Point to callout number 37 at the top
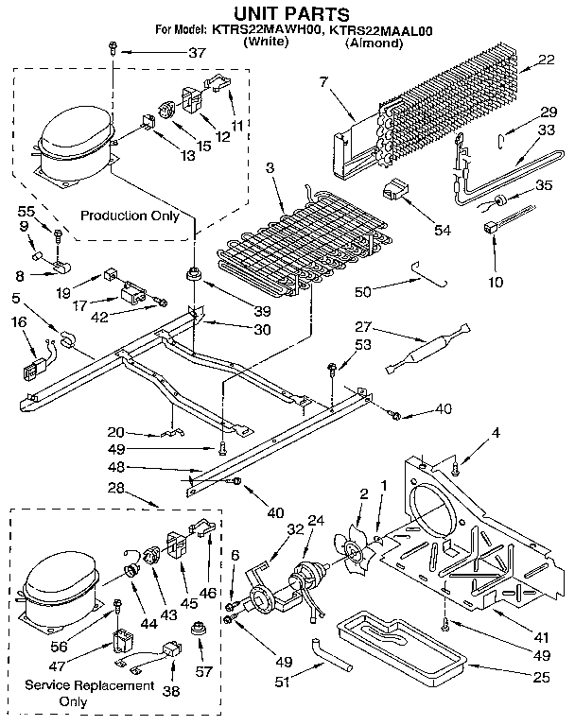[x=197, y=52]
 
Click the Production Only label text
[x=130, y=216]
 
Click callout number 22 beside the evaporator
[x=546, y=60]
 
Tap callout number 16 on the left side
[x=19, y=323]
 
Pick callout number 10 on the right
[x=497, y=281]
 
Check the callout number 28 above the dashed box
[x=116, y=487]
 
